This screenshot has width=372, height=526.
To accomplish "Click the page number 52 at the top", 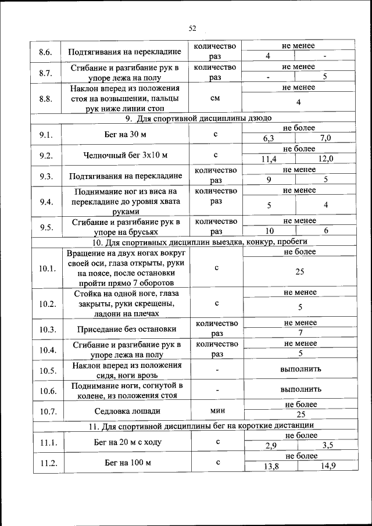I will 193,28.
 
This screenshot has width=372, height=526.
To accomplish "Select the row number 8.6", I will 46,52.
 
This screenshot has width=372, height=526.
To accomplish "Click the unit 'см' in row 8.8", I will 215,98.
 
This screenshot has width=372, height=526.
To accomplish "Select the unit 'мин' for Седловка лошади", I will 216,410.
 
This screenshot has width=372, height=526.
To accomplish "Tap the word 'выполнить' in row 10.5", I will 301,369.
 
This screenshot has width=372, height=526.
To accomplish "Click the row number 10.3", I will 46,330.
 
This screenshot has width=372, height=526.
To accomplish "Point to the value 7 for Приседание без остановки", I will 301,333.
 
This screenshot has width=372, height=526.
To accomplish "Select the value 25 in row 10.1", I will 301,271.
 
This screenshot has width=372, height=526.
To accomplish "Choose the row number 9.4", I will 46,202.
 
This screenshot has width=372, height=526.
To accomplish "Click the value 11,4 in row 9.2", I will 269,159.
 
